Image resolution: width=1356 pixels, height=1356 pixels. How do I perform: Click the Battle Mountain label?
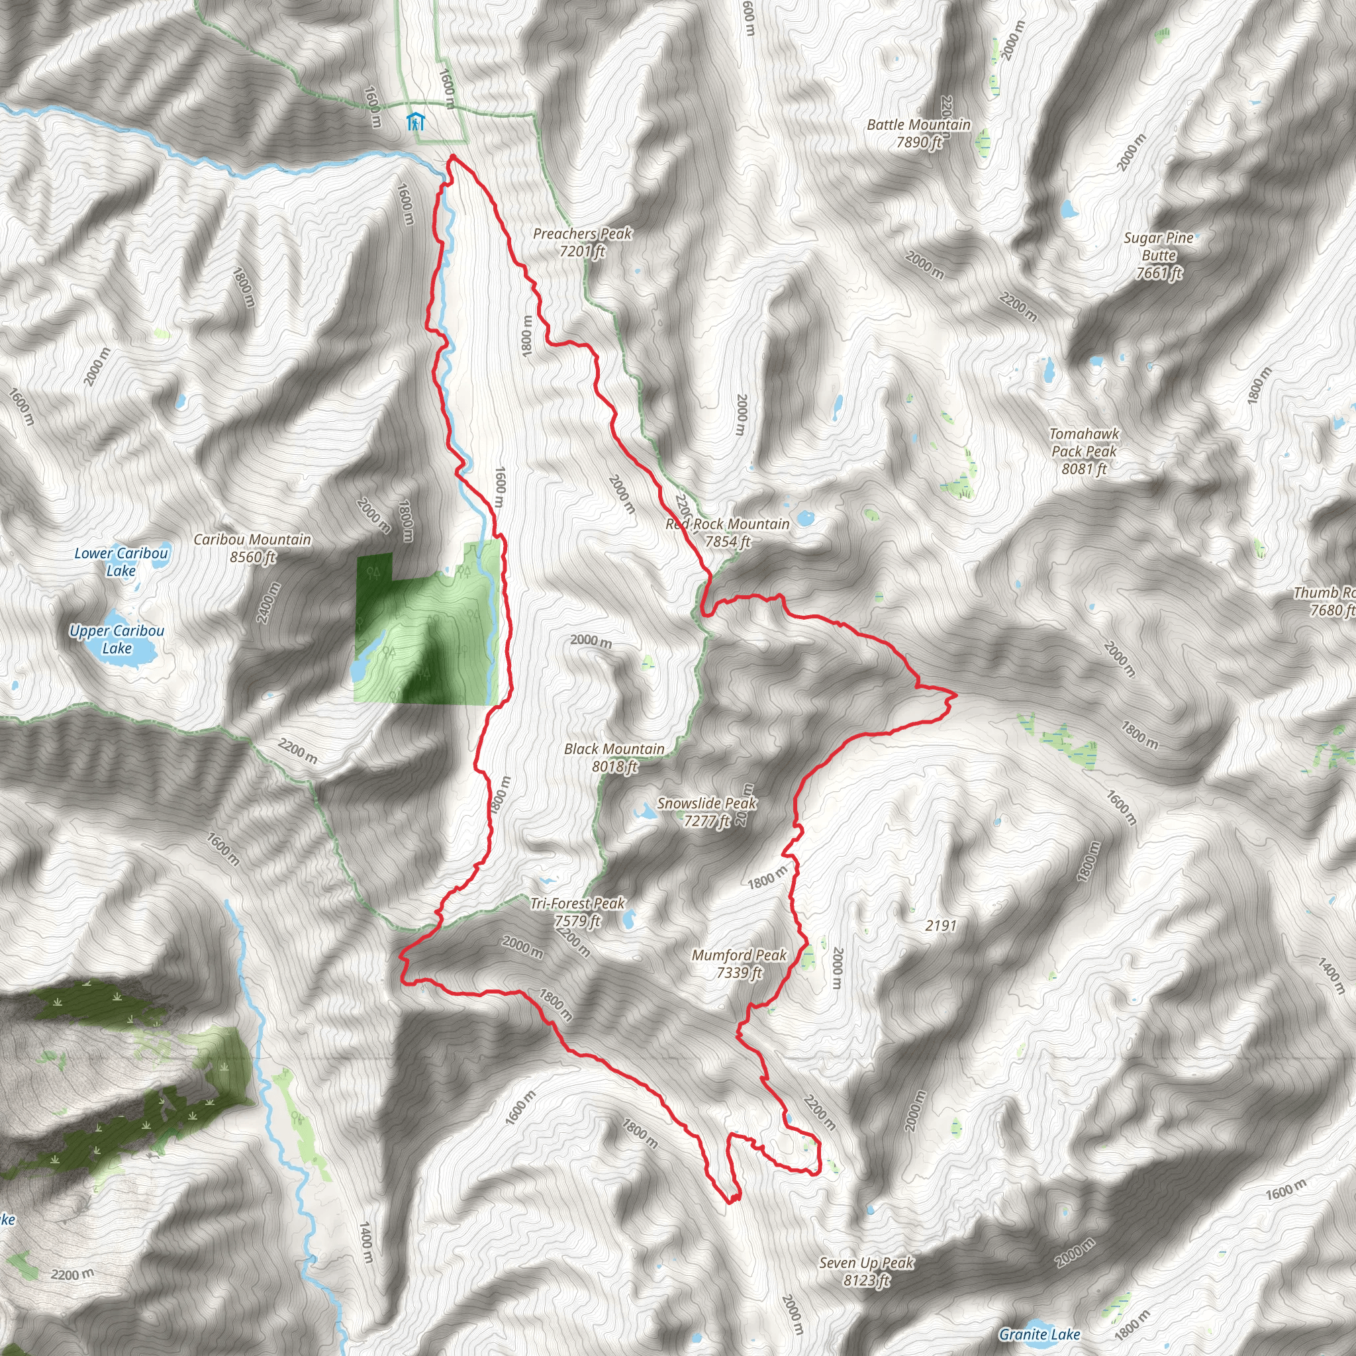(x=919, y=133)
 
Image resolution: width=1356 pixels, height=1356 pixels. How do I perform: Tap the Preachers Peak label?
(x=583, y=242)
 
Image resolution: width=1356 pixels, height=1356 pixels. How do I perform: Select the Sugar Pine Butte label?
(x=1159, y=256)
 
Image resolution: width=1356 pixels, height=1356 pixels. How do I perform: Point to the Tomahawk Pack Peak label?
(x=1084, y=452)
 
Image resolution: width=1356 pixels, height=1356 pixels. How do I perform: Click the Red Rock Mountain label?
(x=728, y=533)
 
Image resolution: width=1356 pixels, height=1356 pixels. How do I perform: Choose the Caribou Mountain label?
(x=253, y=548)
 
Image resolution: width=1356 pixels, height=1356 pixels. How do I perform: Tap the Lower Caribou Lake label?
(x=121, y=561)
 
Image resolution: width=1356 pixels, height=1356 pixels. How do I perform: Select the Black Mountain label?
(x=614, y=757)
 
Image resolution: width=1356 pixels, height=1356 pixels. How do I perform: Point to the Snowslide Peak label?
(x=706, y=811)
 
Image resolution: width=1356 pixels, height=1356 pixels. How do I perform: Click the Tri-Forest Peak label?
(x=577, y=912)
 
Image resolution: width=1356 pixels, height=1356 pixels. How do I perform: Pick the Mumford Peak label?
(x=739, y=963)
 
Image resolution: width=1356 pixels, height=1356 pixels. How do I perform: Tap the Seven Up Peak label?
(x=867, y=1271)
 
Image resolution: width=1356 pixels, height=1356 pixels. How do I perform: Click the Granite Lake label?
(x=1040, y=1334)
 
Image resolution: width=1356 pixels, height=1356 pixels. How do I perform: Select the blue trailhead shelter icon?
(x=416, y=122)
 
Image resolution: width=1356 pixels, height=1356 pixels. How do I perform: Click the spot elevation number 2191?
(x=940, y=926)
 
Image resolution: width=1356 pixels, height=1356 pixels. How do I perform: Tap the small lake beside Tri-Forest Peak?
(x=628, y=917)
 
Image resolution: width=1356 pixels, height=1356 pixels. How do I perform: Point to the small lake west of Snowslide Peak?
(x=644, y=813)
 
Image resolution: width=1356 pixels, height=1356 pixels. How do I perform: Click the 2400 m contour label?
(x=268, y=603)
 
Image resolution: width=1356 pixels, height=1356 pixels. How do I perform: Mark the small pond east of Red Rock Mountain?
(x=804, y=519)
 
